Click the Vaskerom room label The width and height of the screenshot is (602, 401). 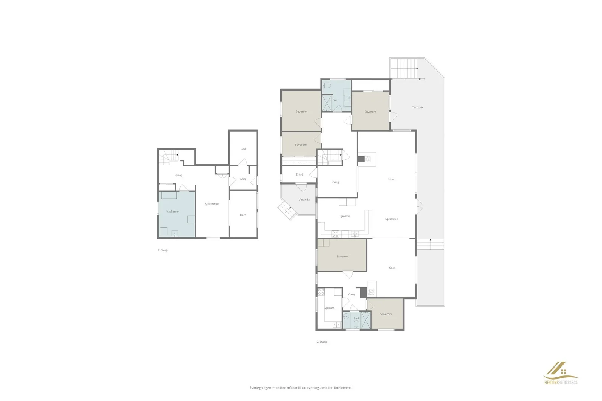tap(173, 212)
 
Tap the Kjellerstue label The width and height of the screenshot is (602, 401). tap(211, 204)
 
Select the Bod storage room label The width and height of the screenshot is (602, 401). tap(243, 149)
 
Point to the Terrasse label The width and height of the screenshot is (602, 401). tap(418, 107)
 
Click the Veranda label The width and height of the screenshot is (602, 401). tap(304, 200)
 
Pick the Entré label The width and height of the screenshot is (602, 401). tap(299, 174)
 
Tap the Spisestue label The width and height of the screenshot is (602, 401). tap(391, 219)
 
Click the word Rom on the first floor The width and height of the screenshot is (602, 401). tap(243, 215)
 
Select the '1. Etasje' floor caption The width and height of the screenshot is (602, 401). tap(163, 250)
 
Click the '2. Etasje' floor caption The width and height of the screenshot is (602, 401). tap(322, 342)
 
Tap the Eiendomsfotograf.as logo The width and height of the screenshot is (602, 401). tap(561, 373)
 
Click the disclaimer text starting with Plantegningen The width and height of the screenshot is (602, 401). tap(301, 387)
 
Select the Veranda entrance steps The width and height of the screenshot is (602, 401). tap(286, 210)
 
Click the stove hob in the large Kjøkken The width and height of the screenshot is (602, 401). tap(335, 234)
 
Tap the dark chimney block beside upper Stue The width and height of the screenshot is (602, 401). tap(361, 159)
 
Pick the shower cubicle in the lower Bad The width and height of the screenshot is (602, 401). tap(365, 320)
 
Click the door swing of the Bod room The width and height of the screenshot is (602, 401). tap(243, 162)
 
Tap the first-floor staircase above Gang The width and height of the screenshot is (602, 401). tap(168, 157)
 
